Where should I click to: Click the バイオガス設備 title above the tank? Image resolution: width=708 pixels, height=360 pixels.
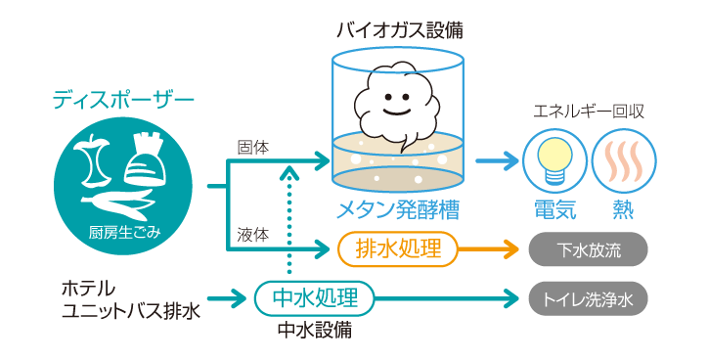tap(400, 30)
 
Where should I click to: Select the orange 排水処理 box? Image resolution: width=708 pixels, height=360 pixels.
tap(397, 248)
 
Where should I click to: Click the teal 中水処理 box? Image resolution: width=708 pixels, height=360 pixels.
tap(314, 297)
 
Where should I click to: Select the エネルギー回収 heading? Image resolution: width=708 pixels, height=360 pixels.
tap(589, 112)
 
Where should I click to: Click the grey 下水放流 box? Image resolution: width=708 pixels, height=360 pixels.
tap(589, 249)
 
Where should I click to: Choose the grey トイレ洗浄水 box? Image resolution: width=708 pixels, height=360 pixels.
tap(589, 298)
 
